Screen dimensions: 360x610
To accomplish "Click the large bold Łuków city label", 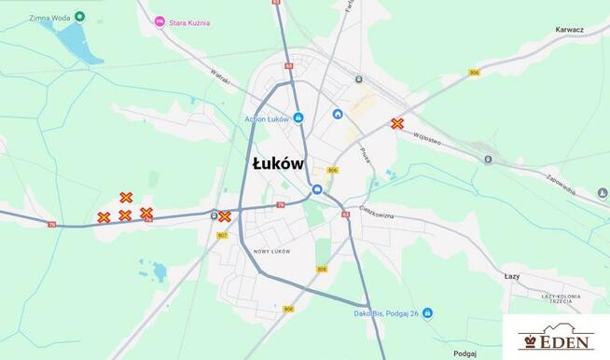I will pos(278,162).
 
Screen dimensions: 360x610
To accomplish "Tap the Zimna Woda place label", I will pos(49,17).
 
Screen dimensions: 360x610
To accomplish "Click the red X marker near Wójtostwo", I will pos(397,123).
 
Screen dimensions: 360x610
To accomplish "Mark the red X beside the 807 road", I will pos(225,216).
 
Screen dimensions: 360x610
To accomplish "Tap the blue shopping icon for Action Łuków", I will pos(298,118).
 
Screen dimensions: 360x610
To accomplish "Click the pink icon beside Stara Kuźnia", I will pos(160,21).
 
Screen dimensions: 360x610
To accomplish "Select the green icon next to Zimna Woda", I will pos(80,17).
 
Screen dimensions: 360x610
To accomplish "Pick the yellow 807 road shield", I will pos(222,235).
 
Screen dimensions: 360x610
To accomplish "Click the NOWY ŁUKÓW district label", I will pos(271,252).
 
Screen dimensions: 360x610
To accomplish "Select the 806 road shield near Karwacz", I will pos(475,72).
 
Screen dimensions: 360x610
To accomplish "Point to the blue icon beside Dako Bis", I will pos(426,313).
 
